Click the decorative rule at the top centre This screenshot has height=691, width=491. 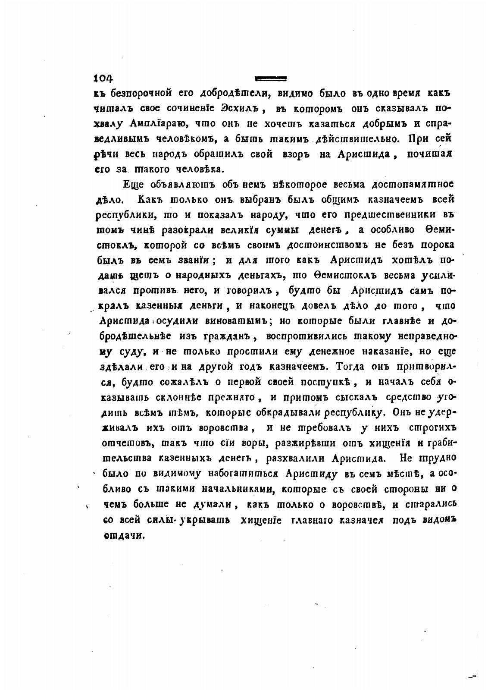[x=271, y=78]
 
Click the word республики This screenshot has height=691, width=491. [x=123, y=215]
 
